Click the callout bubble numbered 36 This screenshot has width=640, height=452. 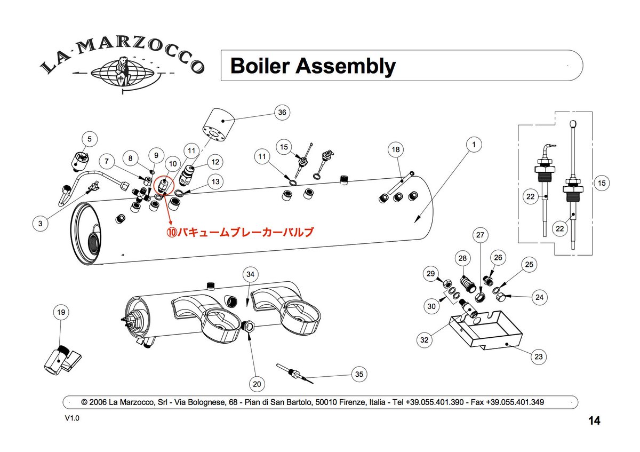tap(282, 112)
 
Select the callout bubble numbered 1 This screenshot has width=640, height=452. tap(473, 144)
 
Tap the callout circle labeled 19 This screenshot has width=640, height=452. tap(60, 312)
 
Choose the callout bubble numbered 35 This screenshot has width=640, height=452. tap(359, 374)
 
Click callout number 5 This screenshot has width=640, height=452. tap(90, 139)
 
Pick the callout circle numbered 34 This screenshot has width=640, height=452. tap(251, 274)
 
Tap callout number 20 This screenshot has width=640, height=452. tap(257, 384)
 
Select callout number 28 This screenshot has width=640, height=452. tap(462, 258)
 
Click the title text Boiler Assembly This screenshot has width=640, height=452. tap(313, 66)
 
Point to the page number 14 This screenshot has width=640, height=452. tap(594, 421)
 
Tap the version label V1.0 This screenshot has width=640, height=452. tap(72, 419)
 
